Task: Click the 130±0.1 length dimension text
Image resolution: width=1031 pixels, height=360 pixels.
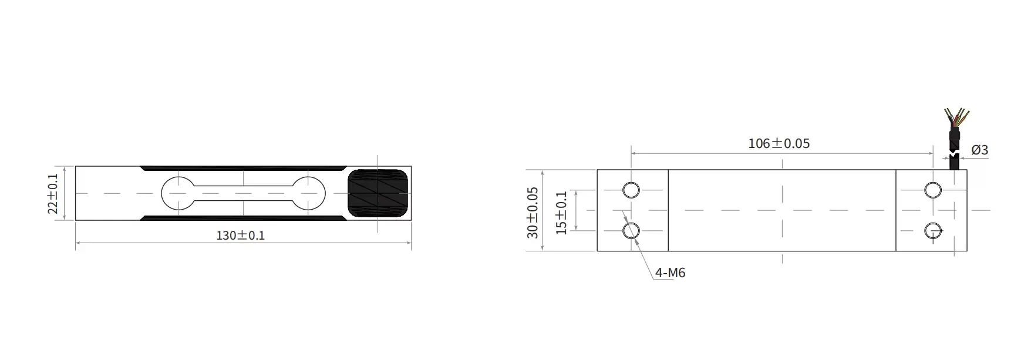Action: (x=240, y=235)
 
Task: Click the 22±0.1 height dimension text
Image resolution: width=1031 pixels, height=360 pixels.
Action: (x=53, y=193)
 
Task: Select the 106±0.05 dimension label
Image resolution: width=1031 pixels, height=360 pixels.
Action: (x=779, y=143)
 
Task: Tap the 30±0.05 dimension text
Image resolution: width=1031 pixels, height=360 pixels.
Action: (x=533, y=212)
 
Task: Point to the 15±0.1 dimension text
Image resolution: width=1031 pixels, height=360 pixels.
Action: (x=562, y=212)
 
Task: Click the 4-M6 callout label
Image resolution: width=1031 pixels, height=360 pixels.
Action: (x=670, y=272)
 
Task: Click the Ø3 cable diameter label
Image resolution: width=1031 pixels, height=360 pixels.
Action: (x=979, y=150)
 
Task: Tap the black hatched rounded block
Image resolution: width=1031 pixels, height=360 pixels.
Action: (x=378, y=193)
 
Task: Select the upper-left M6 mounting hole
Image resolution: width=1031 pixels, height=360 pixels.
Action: (x=631, y=190)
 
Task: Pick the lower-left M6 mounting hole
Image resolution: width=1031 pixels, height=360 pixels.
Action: (x=631, y=230)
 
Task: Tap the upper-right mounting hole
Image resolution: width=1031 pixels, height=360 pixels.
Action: (x=932, y=190)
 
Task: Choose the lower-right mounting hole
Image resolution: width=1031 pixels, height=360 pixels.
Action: (x=932, y=231)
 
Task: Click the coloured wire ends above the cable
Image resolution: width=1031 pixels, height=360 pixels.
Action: (x=955, y=118)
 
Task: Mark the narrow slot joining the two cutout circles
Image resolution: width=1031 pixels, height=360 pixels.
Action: (x=243, y=193)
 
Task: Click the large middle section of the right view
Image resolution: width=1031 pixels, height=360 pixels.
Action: (x=781, y=210)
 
